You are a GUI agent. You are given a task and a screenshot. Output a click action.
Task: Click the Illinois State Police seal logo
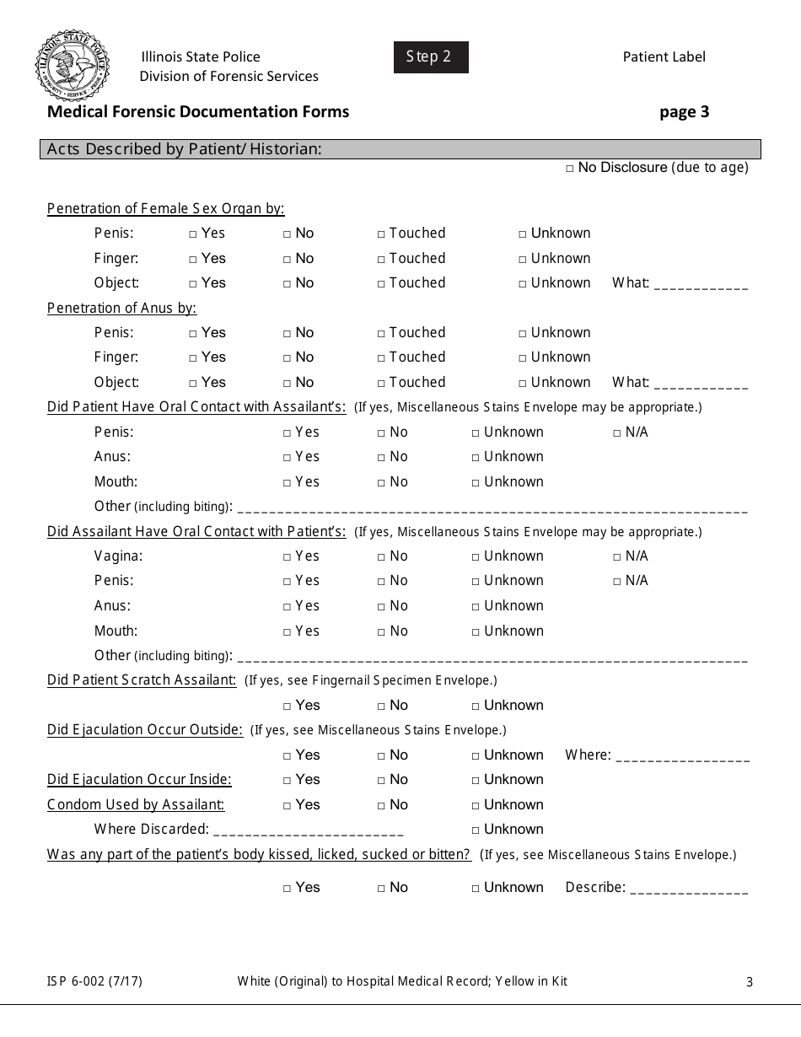pos(71,65)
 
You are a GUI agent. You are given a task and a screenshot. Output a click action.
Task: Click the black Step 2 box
pos(430,57)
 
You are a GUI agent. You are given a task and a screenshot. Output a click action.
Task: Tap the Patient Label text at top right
pos(664,57)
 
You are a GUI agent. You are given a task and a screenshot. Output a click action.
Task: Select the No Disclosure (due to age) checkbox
pos(570,169)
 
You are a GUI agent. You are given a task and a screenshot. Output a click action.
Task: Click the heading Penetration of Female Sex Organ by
pos(165,209)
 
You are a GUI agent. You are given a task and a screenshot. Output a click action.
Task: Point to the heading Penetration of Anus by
pos(121,308)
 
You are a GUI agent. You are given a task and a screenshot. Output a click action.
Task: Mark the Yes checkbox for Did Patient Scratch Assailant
pos(288,707)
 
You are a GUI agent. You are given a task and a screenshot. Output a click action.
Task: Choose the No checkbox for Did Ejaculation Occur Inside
pos(382,781)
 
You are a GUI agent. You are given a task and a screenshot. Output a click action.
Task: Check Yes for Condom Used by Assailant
pos(288,806)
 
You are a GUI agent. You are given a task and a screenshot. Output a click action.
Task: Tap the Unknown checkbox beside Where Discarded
pos(476,830)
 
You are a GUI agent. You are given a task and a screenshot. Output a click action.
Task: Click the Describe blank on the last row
pos(688,889)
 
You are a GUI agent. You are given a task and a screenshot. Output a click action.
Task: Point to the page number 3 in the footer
pos(749,981)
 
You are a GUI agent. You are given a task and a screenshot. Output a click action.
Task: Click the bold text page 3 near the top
pos(684,112)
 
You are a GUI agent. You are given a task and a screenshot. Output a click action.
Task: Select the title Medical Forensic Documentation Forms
pos(198,111)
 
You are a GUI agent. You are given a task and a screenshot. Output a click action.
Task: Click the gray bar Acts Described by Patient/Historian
pos(400,149)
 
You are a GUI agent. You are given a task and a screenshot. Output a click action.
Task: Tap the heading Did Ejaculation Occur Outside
pos(145,730)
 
